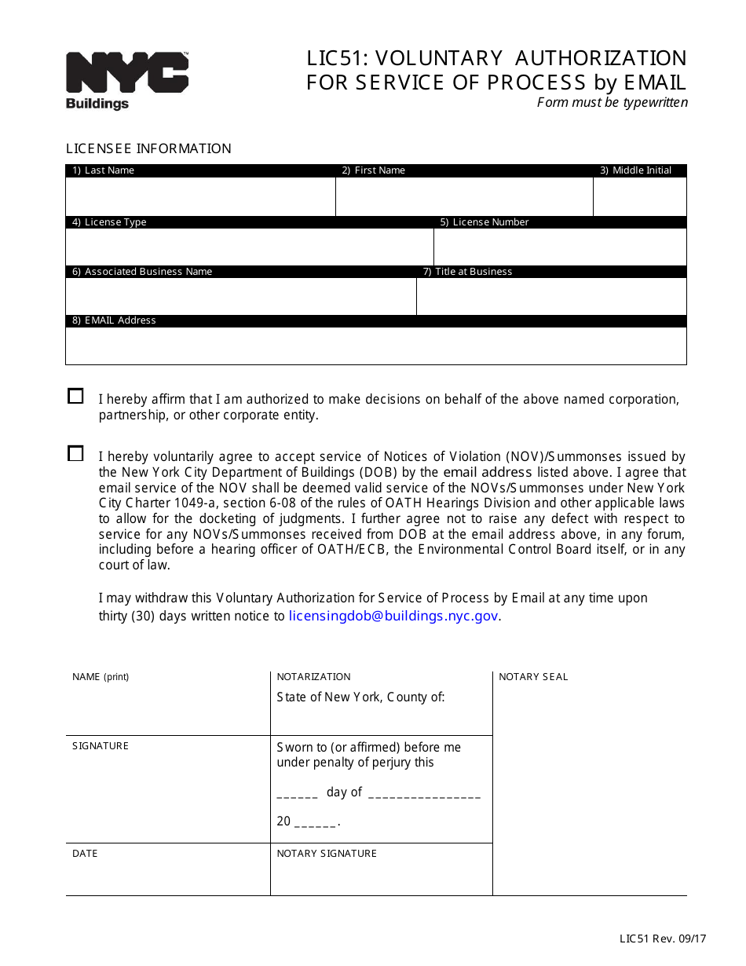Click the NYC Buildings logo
[126, 80]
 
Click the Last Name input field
[200, 196]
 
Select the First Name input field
[463, 196]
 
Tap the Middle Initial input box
[639, 196]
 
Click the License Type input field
[249, 247]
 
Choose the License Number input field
[560, 247]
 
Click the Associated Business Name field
[240, 296]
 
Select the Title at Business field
[551, 296]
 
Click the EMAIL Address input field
[375, 346]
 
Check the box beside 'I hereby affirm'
[75, 397]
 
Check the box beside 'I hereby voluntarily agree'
[75, 454]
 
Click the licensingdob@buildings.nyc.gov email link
[393, 617]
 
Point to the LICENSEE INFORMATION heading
[148, 148]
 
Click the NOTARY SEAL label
[533, 677]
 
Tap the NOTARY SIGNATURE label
[327, 854]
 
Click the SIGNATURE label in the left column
[101, 746]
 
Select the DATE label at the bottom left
[85, 854]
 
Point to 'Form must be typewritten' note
[612, 102]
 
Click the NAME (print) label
[101, 677]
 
